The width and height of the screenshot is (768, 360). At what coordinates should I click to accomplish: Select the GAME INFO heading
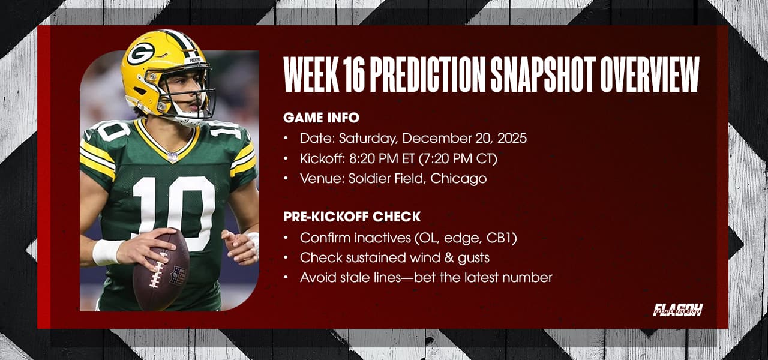coord(321,118)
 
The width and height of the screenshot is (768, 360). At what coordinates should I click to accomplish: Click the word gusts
coord(472,258)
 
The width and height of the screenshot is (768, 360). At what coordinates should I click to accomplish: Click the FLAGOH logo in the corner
coord(677,310)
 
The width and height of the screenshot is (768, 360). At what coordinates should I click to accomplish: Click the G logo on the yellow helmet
coord(140,54)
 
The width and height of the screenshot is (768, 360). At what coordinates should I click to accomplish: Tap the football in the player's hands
coord(160,271)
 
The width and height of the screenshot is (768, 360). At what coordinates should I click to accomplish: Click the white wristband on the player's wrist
coord(107,252)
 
